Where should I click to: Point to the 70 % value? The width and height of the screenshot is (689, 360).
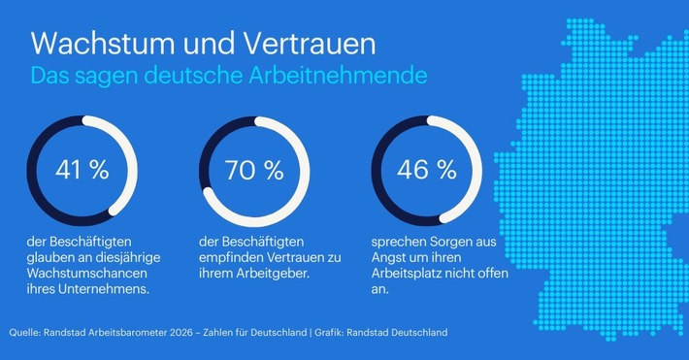[253, 170]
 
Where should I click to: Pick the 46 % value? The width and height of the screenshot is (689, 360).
[426, 170]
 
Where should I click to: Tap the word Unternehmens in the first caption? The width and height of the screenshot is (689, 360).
[98, 289]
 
